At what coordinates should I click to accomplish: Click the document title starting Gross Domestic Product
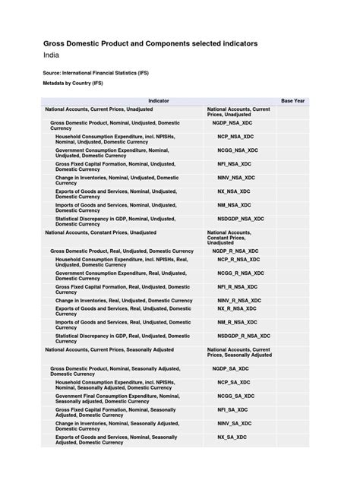coord(150,44)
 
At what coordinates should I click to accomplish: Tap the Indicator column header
coord(159,100)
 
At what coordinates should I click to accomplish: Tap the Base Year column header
coord(293,100)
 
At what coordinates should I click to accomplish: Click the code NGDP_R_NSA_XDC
coord(235,250)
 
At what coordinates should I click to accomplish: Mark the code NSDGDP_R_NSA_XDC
coord(243,335)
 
